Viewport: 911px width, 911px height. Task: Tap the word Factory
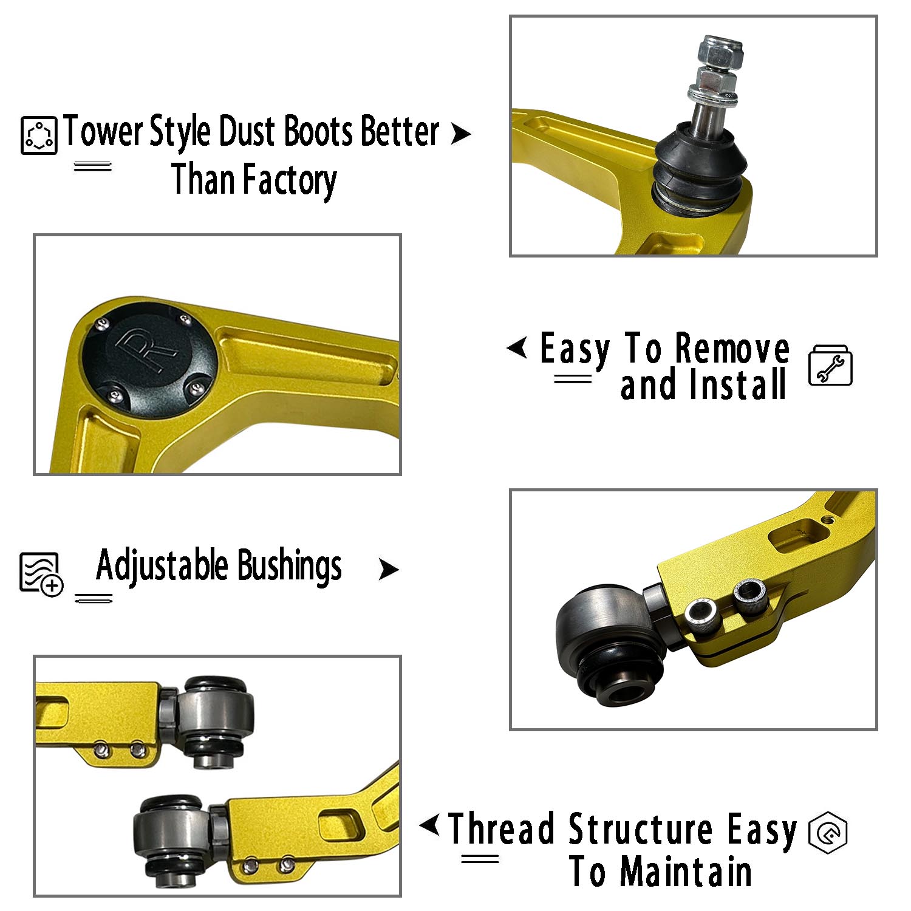pyautogui.click(x=290, y=180)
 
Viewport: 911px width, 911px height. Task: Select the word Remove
pyautogui.click(x=732, y=349)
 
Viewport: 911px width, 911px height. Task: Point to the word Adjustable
pyautogui.click(x=162, y=566)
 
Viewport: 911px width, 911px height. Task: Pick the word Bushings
pyautogui.click(x=289, y=567)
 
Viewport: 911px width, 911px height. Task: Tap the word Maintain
pyautogui.click(x=686, y=872)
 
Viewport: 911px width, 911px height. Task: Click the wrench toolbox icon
pyautogui.click(x=830, y=366)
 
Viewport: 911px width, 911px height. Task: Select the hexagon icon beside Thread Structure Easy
pyautogui.click(x=828, y=831)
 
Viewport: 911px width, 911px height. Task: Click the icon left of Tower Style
pyautogui.click(x=39, y=135)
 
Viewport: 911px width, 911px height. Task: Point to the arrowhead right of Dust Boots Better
pyautogui.click(x=461, y=134)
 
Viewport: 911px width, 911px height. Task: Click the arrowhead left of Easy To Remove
pyautogui.click(x=517, y=348)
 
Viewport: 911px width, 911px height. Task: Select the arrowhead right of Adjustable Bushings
pyautogui.click(x=389, y=570)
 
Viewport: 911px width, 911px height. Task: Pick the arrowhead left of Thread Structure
pyautogui.click(x=429, y=825)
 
